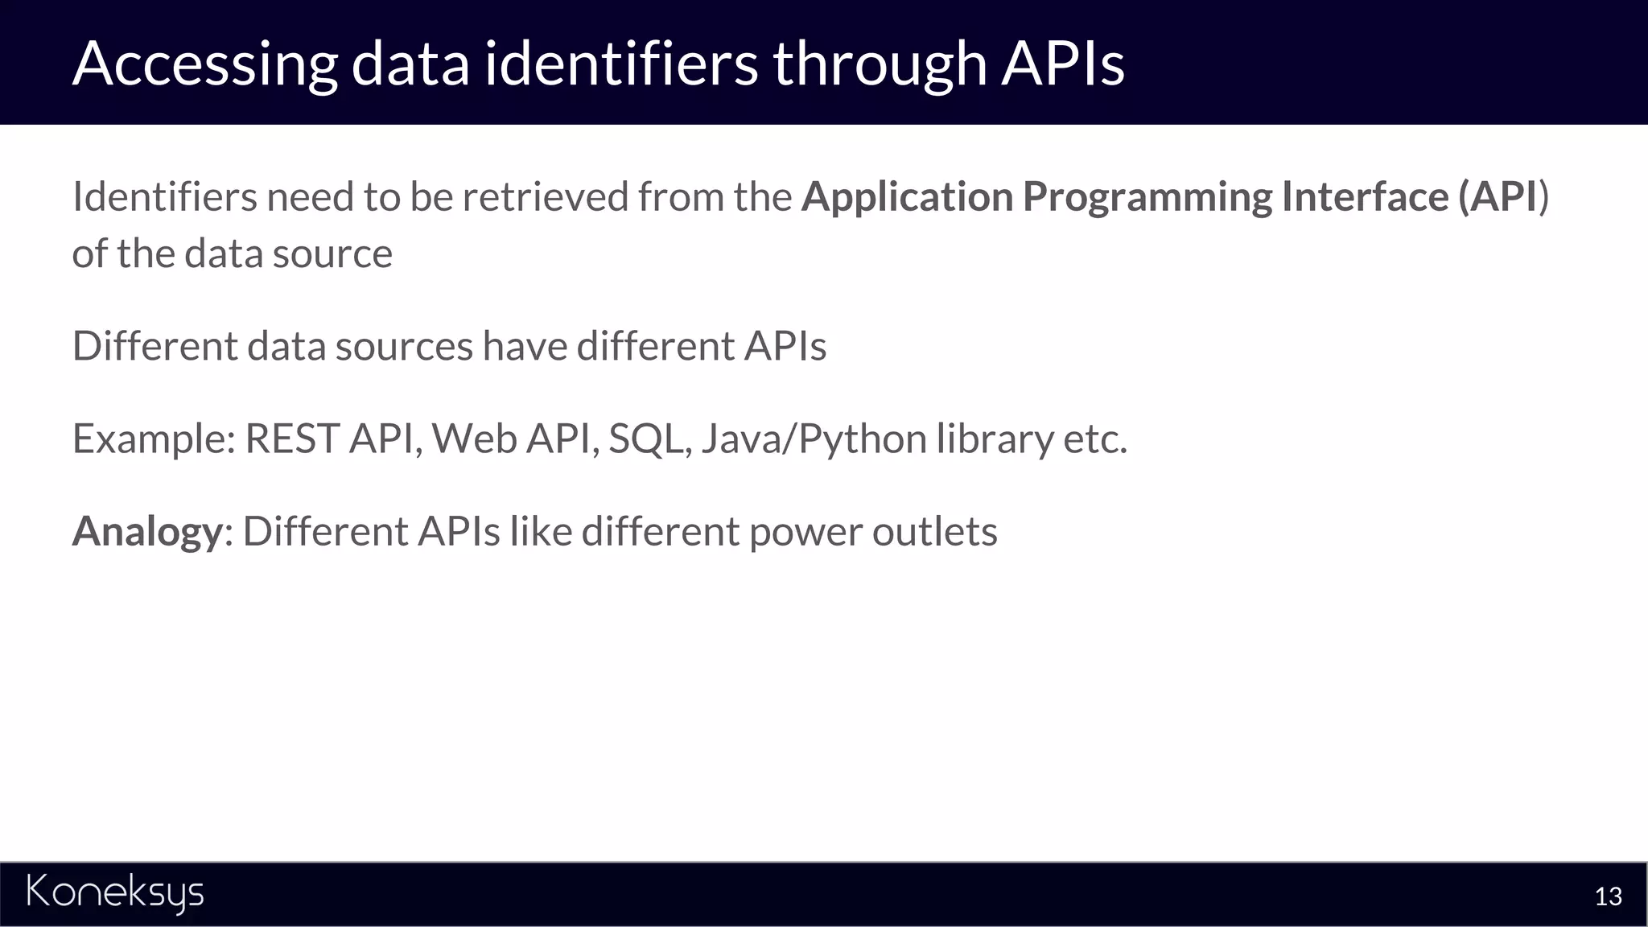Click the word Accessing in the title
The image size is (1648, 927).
(x=204, y=64)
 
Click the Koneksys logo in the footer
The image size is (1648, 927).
(x=115, y=892)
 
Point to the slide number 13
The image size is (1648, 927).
(x=1608, y=896)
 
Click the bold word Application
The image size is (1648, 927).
(x=907, y=198)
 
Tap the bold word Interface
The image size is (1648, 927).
(x=1365, y=196)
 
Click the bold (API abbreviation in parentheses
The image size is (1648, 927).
(x=1498, y=196)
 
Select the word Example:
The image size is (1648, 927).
(x=154, y=439)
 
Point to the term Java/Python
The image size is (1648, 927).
(x=814, y=439)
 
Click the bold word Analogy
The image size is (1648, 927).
(x=147, y=532)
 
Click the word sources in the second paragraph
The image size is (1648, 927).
(x=404, y=347)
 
